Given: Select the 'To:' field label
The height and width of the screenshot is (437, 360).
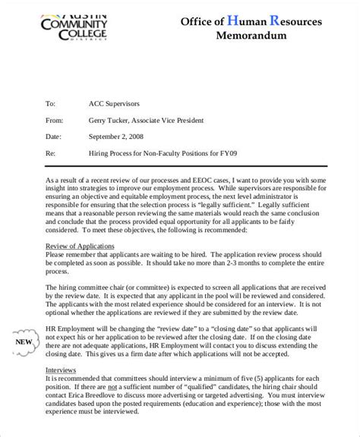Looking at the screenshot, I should (51, 102).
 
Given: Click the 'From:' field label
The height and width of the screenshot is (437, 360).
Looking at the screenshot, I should (54, 119).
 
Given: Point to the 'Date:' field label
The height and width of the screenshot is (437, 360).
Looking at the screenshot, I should (52, 137).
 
